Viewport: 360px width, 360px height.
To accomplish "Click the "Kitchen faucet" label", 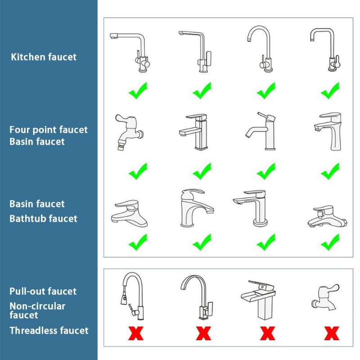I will click(x=44, y=57).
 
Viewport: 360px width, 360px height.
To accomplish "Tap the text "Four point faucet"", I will click(x=49, y=130).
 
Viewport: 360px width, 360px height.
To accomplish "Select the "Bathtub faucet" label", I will click(x=44, y=219).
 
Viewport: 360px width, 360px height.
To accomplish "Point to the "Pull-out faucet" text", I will click(x=43, y=292).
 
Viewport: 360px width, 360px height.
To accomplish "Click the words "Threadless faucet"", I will click(x=49, y=331).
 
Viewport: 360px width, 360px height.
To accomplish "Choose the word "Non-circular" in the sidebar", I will click(x=37, y=306).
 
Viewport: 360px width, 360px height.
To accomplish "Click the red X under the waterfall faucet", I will click(x=268, y=333).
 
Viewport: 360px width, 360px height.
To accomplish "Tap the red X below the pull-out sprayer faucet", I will click(x=136, y=333).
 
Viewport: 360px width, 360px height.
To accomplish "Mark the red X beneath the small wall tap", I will click(x=332, y=333).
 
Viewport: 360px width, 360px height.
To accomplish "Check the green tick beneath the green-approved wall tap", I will click(x=138, y=171).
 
